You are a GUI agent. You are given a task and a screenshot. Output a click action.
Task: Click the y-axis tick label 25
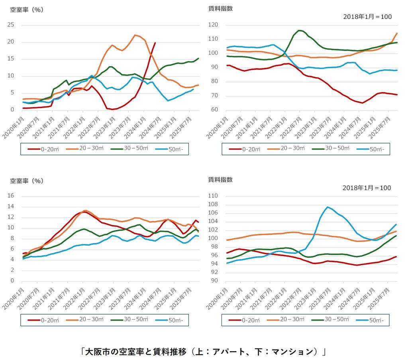pyautogui.click(x=13, y=25)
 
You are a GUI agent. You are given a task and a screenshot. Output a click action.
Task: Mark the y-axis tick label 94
pyautogui.click(x=215, y=264)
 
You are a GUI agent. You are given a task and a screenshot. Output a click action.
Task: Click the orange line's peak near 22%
pyautogui.click(x=135, y=35)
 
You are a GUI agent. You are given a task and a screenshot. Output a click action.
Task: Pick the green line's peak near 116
pyautogui.click(x=299, y=30)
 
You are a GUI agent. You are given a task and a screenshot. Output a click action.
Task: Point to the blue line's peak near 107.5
pyautogui.click(x=328, y=207)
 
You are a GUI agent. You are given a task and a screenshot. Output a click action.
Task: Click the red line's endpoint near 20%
pyautogui.click(x=155, y=43)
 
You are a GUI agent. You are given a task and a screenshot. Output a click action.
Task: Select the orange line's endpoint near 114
pyautogui.click(x=397, y=33)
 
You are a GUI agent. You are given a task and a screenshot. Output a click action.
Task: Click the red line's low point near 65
pyautogui.click(x=362, y=103)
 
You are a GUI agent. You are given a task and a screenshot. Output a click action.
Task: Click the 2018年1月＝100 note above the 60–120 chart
pyautogui.click(x=367, y=17)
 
